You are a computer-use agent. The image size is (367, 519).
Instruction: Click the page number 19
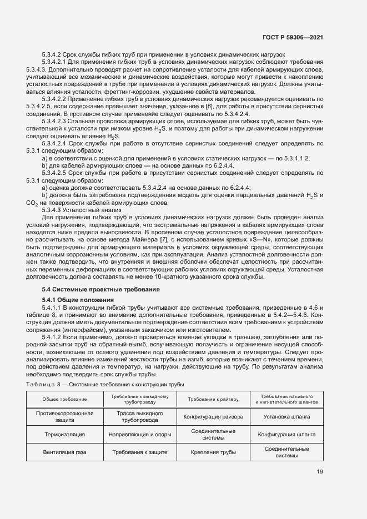click(320, 472)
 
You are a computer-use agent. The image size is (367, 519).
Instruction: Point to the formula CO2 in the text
click(32, 204)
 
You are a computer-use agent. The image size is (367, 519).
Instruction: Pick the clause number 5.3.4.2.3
click(59, 120)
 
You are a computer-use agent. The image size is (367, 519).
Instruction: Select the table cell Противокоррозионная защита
click(64, 417)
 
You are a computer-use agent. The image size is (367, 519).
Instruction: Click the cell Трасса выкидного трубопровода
click(139, 417)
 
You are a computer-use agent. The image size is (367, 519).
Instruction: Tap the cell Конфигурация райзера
click(213, 417)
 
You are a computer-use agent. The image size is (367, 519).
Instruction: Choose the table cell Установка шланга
click(286, 417)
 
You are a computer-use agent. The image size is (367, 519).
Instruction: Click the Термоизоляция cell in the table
click(64, 435)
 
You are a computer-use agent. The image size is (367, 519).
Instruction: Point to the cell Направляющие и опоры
click(139, 435)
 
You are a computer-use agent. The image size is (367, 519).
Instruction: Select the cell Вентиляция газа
click(64, 452)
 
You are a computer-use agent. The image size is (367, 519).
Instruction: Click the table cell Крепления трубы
click(213, 452)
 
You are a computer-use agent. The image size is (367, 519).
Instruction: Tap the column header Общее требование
click(64, 399)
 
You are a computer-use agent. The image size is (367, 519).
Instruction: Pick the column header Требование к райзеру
click(213, 399)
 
